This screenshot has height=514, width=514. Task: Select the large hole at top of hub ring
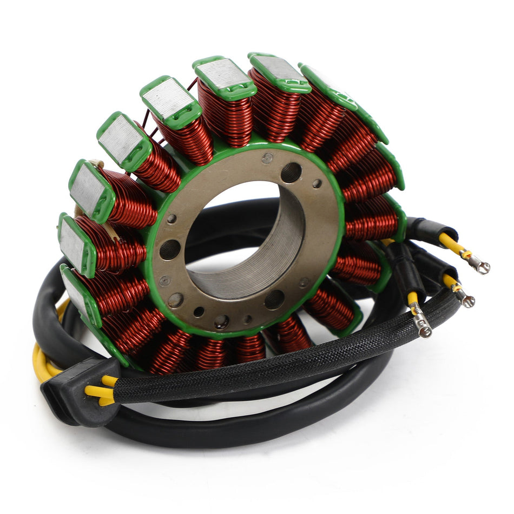(291, 173)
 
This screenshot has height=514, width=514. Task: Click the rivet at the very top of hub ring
(267, 158)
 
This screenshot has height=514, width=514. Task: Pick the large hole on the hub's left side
(169, 249)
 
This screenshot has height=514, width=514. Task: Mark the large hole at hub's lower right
(274, 299)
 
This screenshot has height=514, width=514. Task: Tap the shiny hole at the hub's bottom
(221, 321)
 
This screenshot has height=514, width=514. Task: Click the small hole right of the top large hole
(317, 183)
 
